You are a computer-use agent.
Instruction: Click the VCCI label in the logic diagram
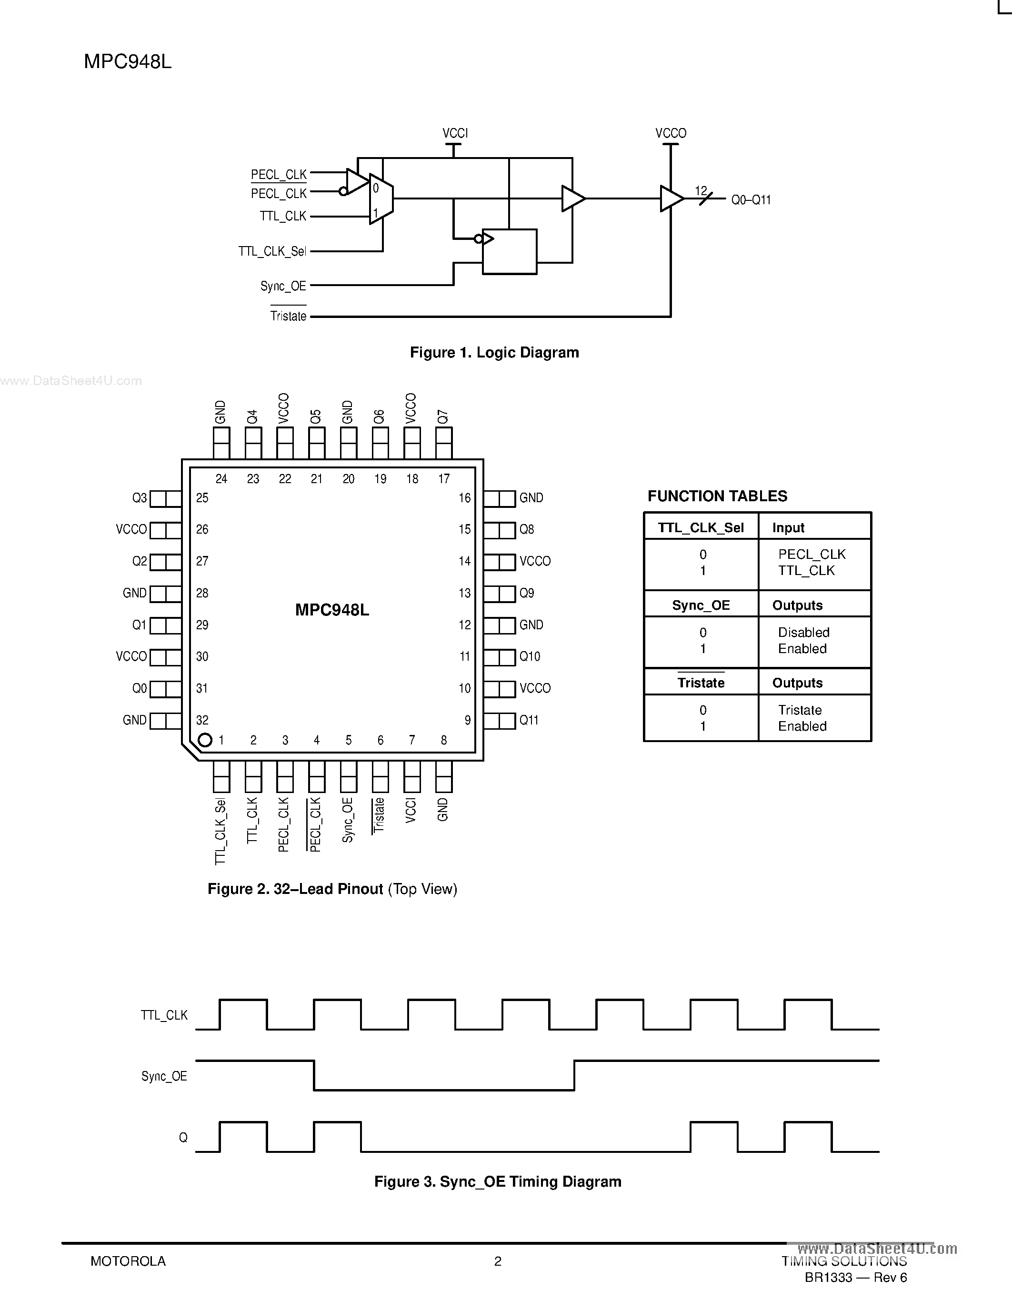(454, 133)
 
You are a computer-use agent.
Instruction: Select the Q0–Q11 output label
(751, 200)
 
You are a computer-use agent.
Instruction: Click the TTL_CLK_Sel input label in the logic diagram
(272, 251)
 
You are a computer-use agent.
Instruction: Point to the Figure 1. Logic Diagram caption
(494, 352)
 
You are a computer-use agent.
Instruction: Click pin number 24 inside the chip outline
(221, 479)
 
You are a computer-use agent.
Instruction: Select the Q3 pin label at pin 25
(139, 498)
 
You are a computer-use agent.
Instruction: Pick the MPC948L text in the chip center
(332, 610)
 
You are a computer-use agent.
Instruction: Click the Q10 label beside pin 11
(530, 657)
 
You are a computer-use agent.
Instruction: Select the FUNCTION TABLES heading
(717, 496)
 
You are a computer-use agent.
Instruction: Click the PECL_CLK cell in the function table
(812, 555)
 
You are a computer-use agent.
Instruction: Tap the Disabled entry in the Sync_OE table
(803, 632)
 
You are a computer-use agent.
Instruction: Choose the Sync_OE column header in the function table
(701, 605)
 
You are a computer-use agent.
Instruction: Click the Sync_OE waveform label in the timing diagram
(164, 1076)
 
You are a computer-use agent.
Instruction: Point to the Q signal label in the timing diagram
(183, 1138)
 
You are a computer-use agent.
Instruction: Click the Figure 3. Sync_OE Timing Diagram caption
(498, 1182)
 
